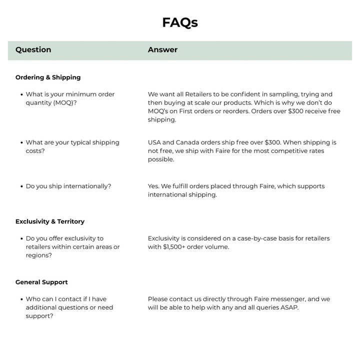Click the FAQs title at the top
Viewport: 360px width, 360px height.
click(180, 22)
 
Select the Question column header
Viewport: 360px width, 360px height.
click(33, 49)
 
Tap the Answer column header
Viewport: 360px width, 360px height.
click(162, 49)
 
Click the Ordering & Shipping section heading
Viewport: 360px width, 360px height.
click(48, 77)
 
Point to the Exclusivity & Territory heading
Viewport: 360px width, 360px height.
click(50, 221)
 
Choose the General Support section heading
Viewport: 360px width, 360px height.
click(41, 282)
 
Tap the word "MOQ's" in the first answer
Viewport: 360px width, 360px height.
click(159, 111)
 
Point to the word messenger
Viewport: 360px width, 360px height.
click(287, 299)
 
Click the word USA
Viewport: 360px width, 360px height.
click(155, 142)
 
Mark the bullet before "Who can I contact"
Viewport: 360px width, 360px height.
click(21, 299)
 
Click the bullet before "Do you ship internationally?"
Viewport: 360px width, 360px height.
click(21, 186)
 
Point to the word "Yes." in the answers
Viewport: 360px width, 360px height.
click(153, 186)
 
